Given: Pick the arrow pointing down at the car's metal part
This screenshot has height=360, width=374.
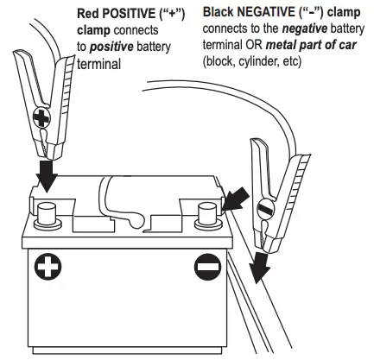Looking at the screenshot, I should coord(258,265).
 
